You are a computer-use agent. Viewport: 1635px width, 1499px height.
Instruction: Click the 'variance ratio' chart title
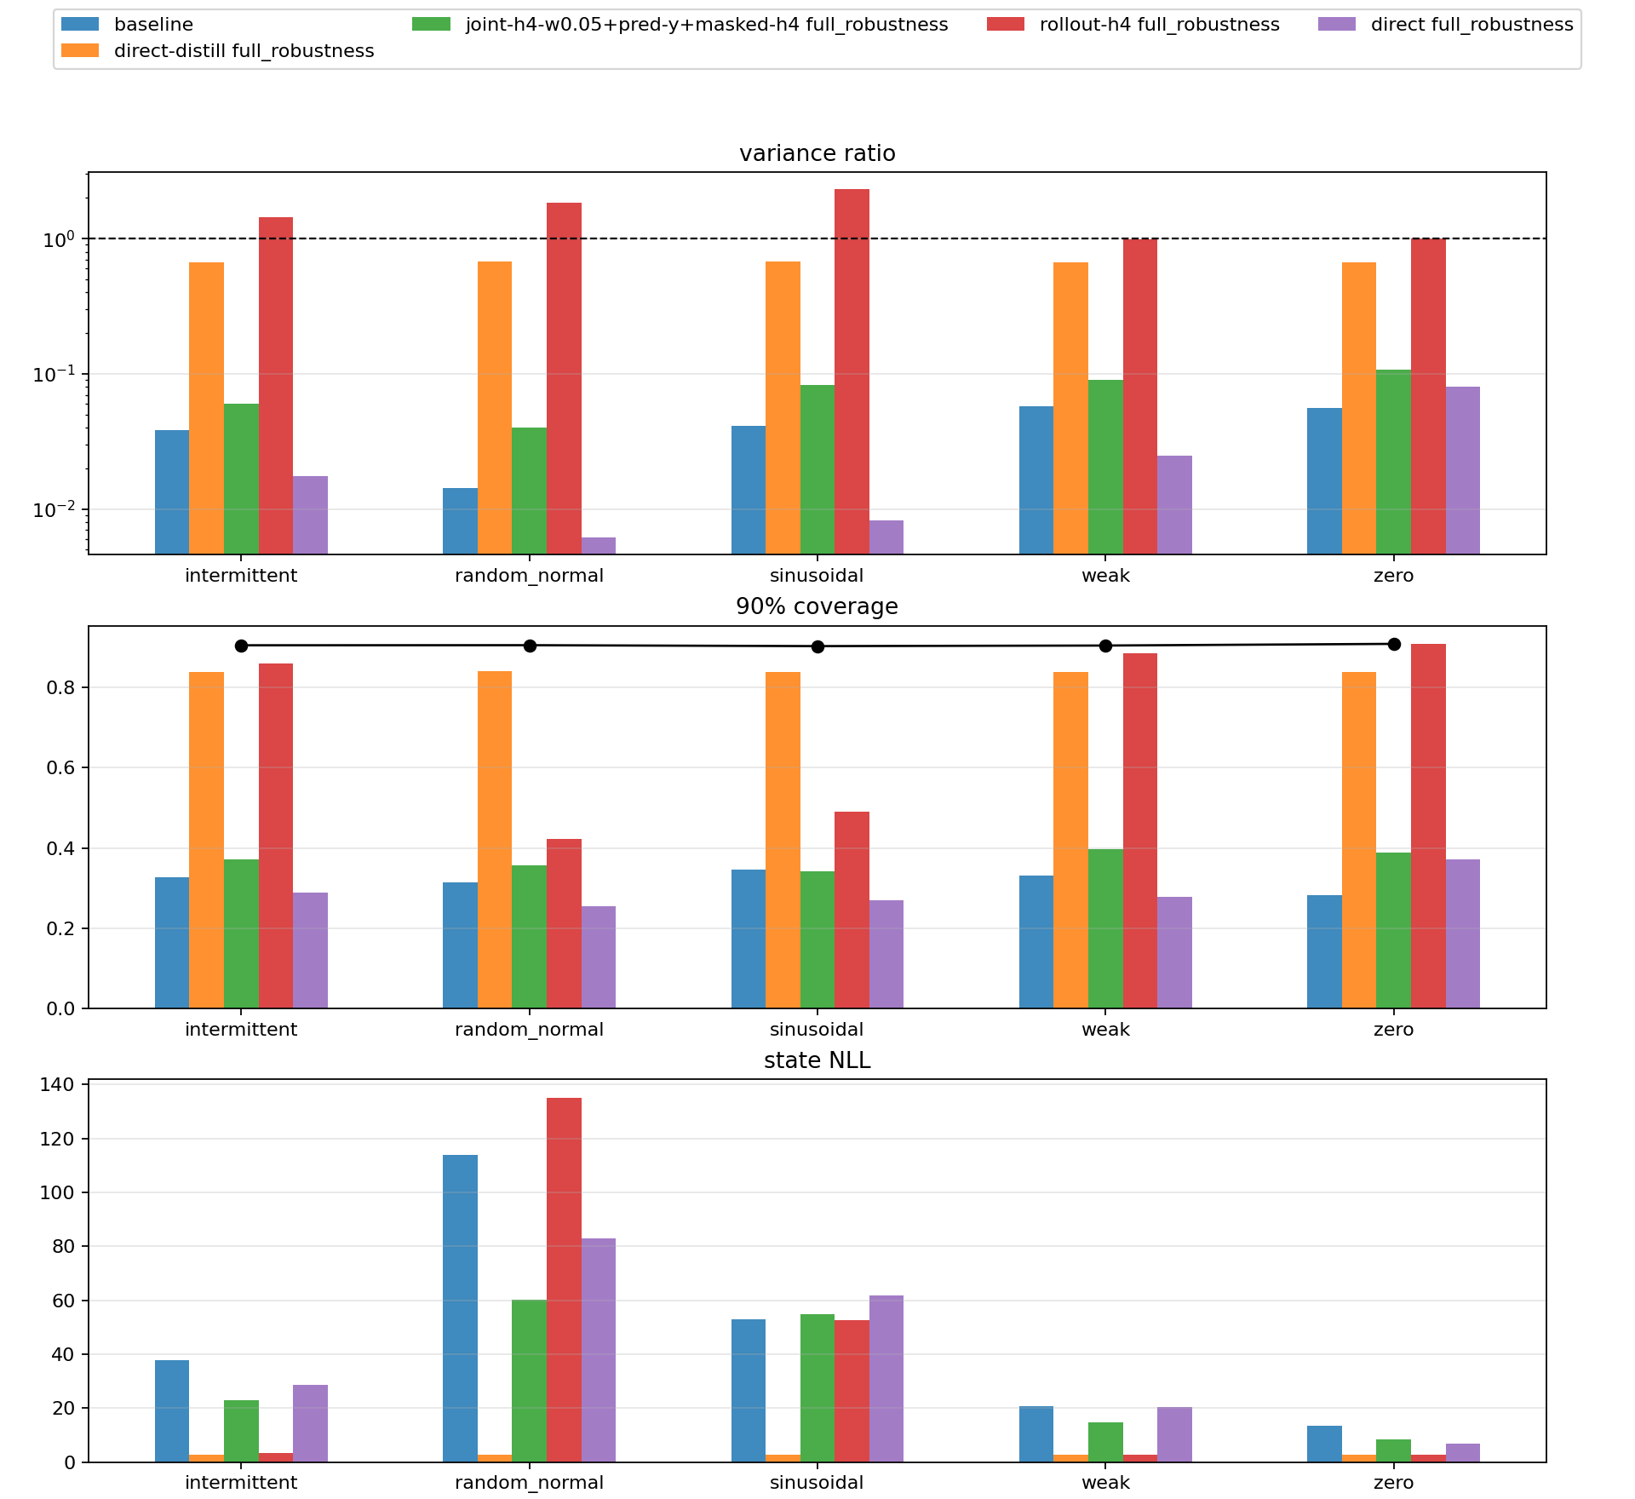(x=817, y=153)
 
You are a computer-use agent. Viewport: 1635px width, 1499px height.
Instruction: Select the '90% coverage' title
(x=817, y=606)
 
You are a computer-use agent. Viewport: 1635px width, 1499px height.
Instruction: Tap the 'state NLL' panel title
(x=817, y=1060)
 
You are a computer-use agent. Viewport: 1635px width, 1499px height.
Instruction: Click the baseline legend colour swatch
(x=80, y=25)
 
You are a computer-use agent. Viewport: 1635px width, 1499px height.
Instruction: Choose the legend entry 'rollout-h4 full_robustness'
(x=1159, y=25)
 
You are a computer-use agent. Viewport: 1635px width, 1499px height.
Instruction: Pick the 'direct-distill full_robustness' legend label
(x=244, y=51)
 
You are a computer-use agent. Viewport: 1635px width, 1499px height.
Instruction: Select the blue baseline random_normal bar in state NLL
(x=460, y=1308)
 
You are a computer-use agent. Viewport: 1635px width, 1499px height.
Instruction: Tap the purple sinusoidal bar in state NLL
(x=886, y=1379)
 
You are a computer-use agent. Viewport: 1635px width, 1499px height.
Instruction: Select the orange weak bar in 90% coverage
(x=1070, y=840)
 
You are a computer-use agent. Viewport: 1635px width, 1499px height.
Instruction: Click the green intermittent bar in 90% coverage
(x=241, y=933)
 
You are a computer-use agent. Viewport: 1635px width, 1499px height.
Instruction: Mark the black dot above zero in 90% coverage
(x=1394, y=644)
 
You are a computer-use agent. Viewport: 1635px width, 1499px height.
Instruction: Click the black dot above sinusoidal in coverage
(x=817, y=646)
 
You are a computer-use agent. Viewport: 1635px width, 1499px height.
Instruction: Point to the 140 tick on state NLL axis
(x=63, y=1084)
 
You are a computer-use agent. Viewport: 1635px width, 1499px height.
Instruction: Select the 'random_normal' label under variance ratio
(x=529, y=576)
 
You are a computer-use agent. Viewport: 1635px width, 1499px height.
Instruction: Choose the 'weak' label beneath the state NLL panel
(x=1105, y=1483)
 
